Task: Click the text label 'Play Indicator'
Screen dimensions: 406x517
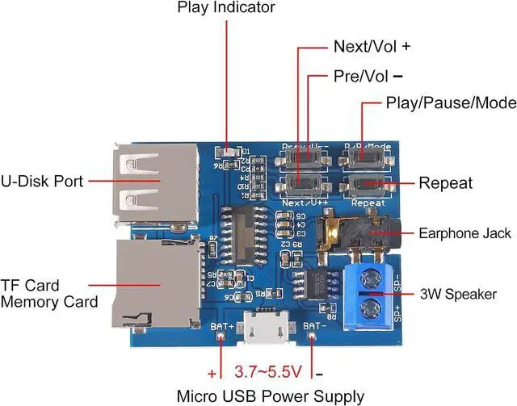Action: (x=226, y=8)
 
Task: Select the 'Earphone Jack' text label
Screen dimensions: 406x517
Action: (x=464, y=233)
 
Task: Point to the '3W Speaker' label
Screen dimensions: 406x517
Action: (x=458, y=294)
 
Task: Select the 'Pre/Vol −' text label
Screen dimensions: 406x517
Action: (x=368, y=76)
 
